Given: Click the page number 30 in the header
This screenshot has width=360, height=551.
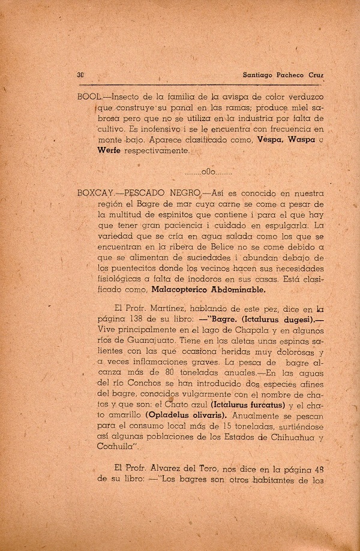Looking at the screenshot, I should (x=80, y=75).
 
